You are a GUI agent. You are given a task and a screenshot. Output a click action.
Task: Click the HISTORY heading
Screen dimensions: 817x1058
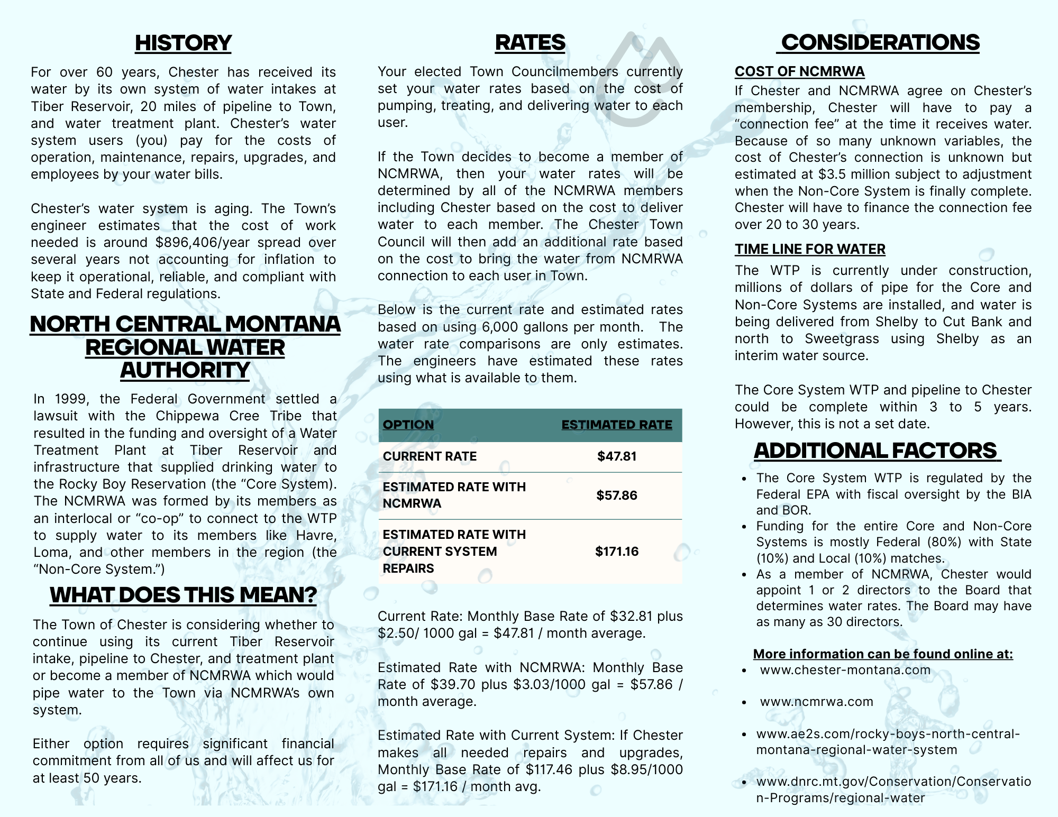pyautogui.click(x=183, y=43)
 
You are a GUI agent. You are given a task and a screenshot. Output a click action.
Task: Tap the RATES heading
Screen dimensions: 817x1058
pyautogui.click(x=530, y=42)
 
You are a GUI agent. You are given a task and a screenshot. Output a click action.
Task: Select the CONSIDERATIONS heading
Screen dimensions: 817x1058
pyautogui.click(x=880, y=42)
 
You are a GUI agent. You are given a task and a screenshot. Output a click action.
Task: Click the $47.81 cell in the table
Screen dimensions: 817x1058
pyautogui.click(x=617, y=456)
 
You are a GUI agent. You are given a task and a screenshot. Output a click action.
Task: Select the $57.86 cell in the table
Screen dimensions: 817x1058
pyautogui.click(x=617, y=495)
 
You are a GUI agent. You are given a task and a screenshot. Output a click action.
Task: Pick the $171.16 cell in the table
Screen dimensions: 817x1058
pyautogui.click(x=617, y=552)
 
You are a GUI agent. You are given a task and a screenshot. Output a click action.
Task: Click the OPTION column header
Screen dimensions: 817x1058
pyautogui.click(x=408, y=425)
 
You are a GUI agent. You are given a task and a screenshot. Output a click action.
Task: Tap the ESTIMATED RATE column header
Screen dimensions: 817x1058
pyautogui.click(x=616, y=425)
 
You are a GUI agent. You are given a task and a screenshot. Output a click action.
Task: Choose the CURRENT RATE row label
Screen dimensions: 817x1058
pyautogui.click(x=430, y=456)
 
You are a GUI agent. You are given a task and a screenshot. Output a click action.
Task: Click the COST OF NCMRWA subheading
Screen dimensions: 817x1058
pyautogui.click(x=799, y=71)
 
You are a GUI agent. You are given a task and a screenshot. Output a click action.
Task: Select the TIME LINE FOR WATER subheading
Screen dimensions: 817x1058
pyautogui.click(x=810, y=249)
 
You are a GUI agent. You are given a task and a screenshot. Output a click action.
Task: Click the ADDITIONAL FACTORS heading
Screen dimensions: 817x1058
pyautogui.click(x=876, y=451)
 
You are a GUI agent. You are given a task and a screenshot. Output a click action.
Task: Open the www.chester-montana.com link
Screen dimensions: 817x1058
pyautogui.click(x=845, y=670)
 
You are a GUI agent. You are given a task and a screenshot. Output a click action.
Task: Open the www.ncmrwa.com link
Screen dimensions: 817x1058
pyautogui.click(x=816, y=702)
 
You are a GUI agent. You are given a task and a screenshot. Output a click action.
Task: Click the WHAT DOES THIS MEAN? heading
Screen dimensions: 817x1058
pyautogui.click(x=183, y=595)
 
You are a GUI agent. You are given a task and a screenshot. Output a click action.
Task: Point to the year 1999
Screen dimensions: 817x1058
pyautogui.click(x=71, y=399)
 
